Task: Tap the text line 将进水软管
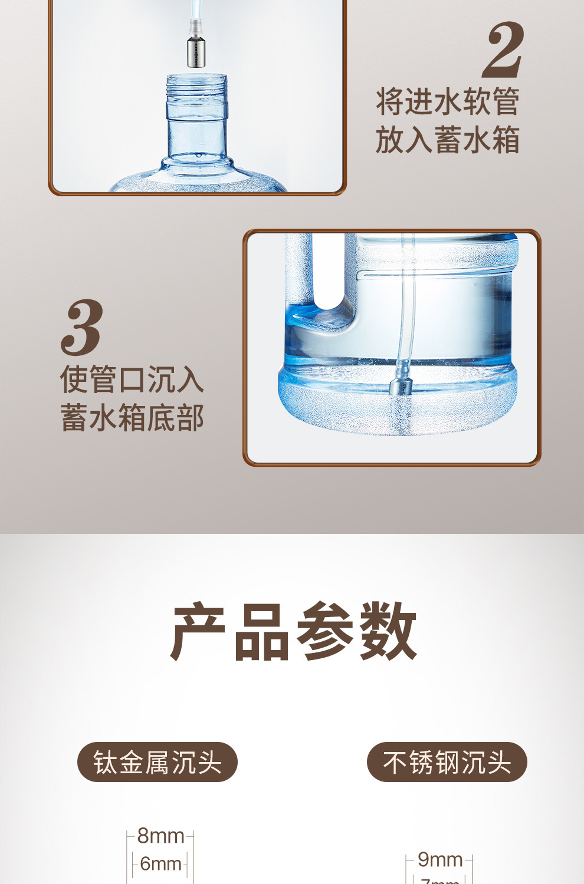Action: click(448, 102)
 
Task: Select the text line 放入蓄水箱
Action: click(448, 140)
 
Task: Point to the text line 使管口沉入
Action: click(132, 379)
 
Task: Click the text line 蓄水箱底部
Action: click(132, 417)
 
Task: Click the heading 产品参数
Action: click(293, 631)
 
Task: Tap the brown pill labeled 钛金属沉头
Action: click(157, 762)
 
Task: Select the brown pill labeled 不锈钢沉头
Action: click(447, 762)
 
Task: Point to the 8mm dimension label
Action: click(160, 836)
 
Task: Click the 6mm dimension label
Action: click(160, 864)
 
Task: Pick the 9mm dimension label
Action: click(440, 860)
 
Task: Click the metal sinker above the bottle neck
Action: click(196, 52)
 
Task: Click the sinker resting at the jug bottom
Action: click(400, 388)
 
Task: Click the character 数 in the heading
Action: click(388, 631)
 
